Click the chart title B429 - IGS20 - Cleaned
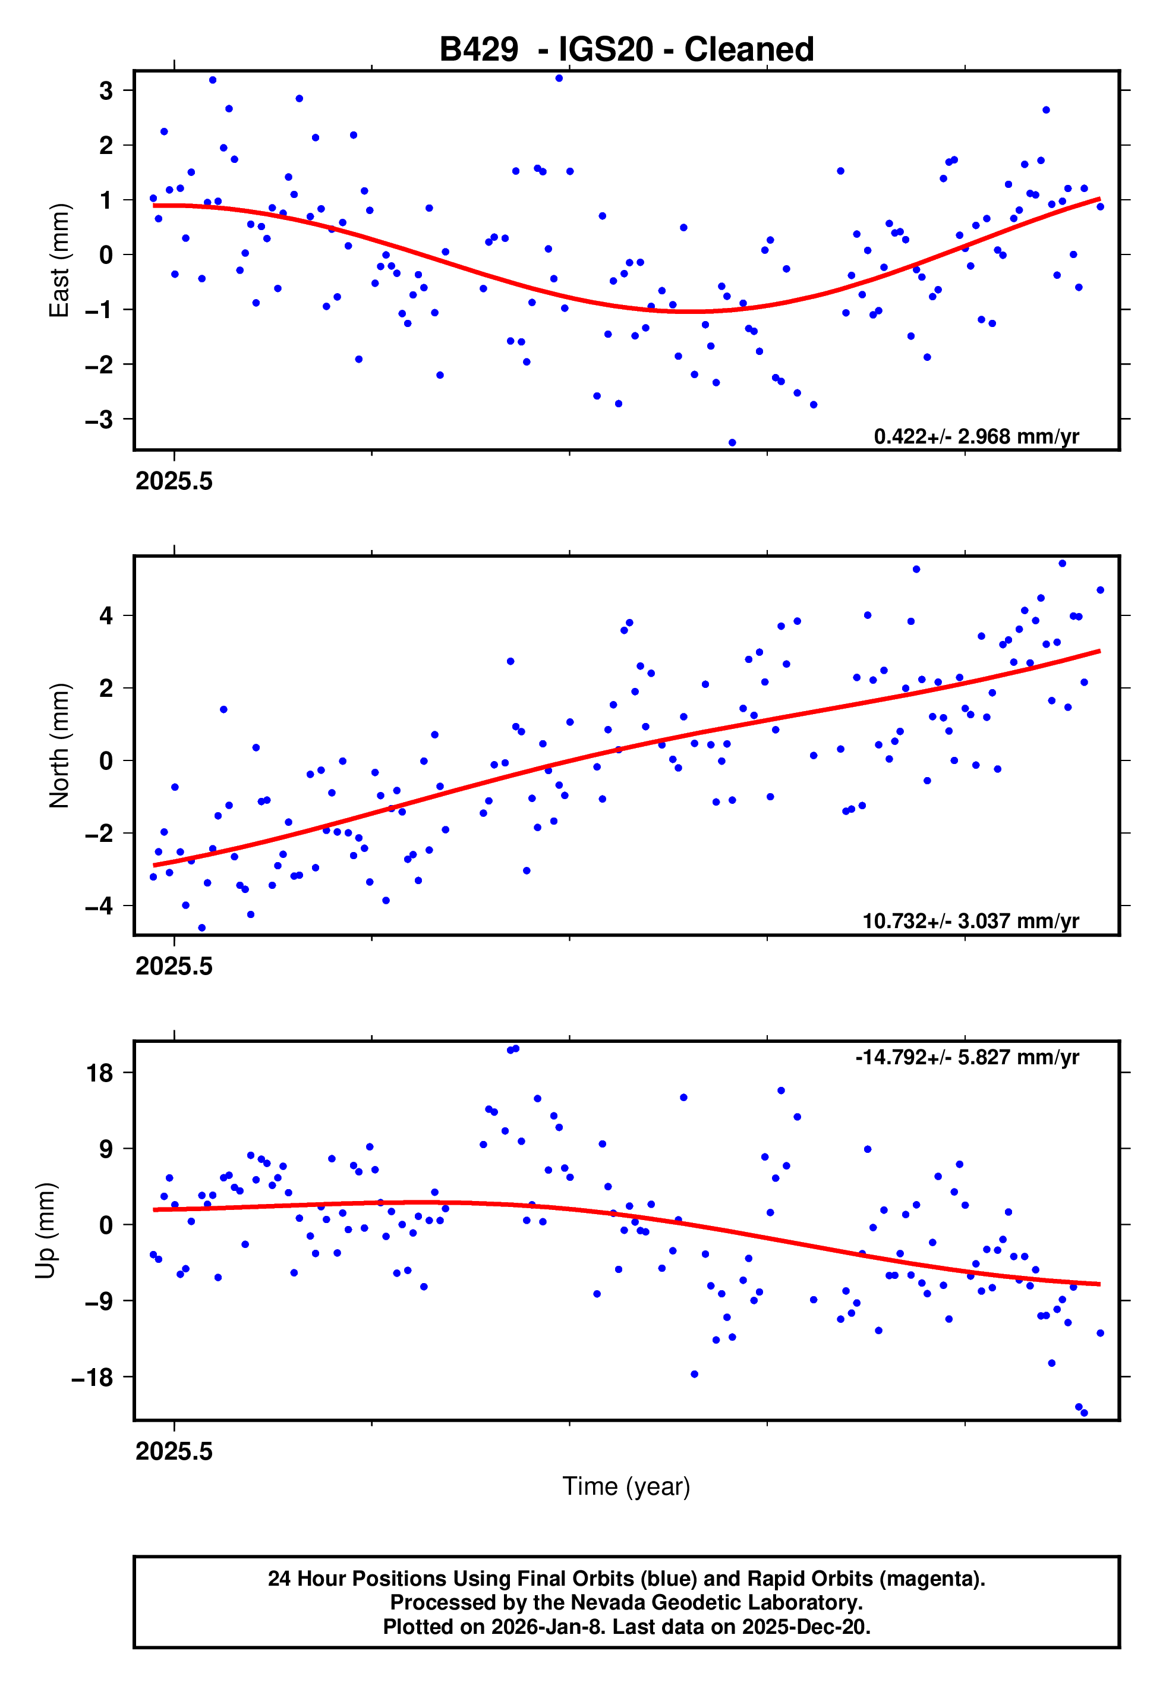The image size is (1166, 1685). [626, 50]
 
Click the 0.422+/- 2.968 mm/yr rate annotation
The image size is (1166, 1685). [976, 436]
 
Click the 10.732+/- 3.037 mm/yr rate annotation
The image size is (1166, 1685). [970, 920]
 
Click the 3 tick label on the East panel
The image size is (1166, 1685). [106, 90]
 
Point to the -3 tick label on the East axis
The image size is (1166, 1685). [99, 419]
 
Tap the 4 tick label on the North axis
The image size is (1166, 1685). [106, 615]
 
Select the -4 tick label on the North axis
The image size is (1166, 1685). [99, 906]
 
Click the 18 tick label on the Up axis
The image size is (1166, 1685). [100, 1073]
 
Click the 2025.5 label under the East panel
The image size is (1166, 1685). [174, 482]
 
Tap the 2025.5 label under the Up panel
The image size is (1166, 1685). [174, 1451]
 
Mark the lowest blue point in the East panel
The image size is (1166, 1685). [732, 443]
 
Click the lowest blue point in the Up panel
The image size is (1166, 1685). [1084, 1413]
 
